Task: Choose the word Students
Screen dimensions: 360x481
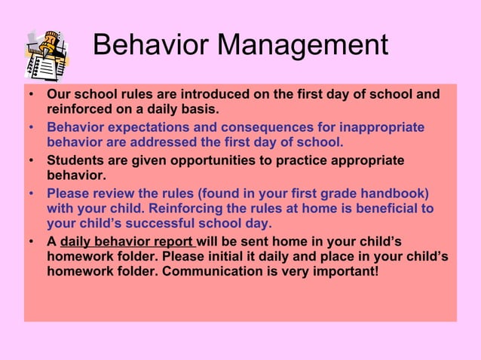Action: coord(75,160)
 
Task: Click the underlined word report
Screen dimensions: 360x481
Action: coord(175,242)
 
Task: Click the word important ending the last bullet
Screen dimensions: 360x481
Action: coord(346,272)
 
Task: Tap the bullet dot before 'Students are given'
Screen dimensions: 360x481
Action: coord(31,160)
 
